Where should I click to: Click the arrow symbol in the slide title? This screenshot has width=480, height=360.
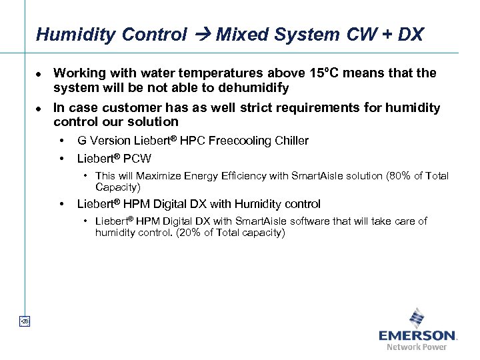201,35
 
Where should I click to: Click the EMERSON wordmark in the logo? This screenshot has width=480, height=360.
417,335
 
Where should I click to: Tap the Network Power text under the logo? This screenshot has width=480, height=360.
417,347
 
